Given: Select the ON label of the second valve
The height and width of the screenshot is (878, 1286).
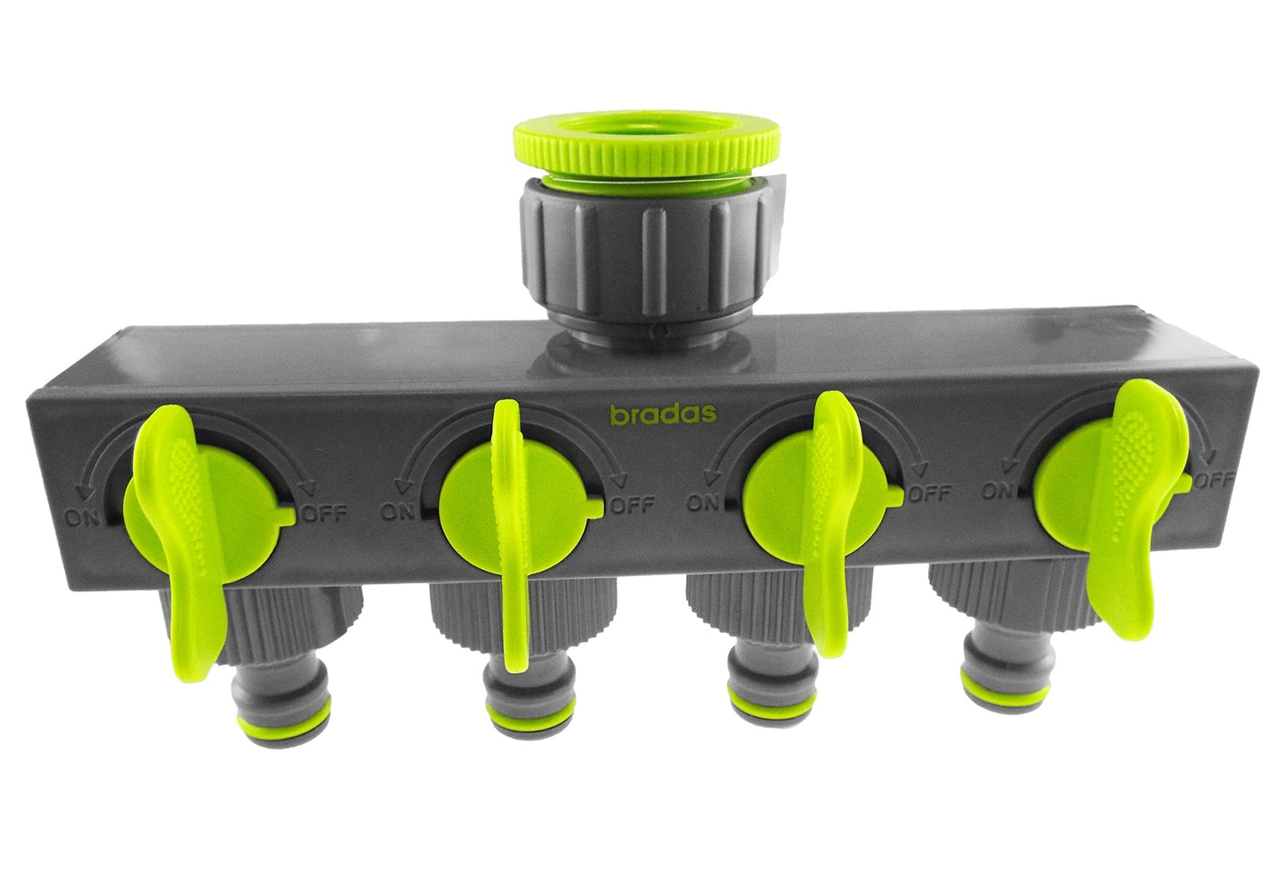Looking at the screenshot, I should tap(400, 511).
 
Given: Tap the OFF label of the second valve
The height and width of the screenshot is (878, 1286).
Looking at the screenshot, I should tap(634, 505).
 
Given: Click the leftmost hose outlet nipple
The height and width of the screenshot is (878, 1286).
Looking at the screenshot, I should tap(276, 711).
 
